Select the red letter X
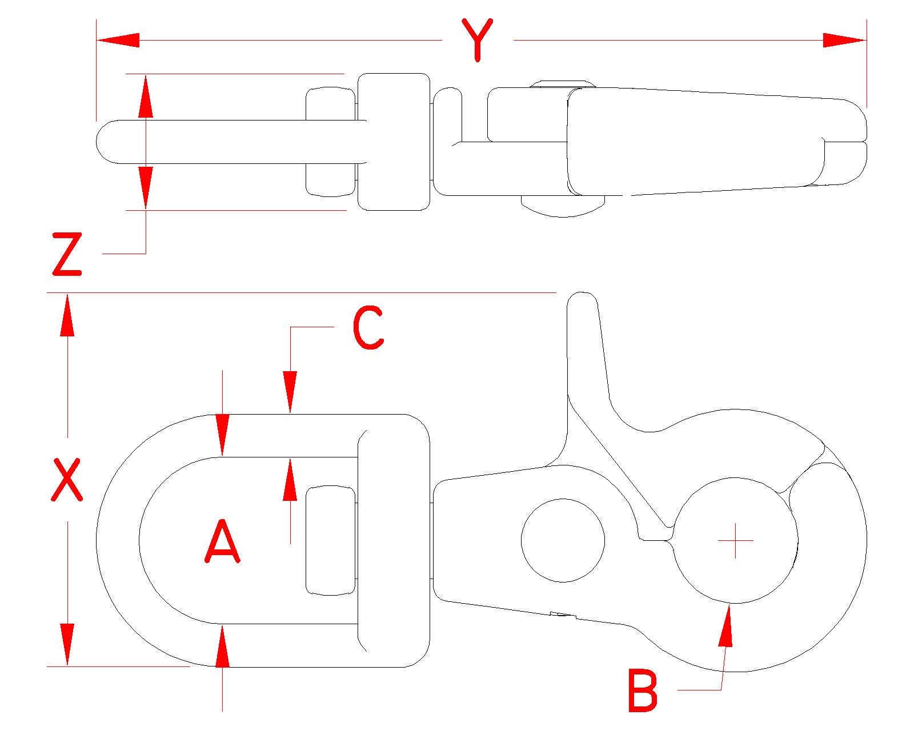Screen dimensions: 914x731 [x=67, y=480]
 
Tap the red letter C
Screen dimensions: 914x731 [x=368, y=327]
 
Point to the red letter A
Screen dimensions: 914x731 [x=222, y=541]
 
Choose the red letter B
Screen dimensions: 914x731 [x=643, y=690]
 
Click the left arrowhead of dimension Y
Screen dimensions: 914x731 [x=118, y=41]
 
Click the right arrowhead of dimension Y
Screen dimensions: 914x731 [x=844, y=41]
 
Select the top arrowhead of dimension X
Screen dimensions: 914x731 [x=67, y=315]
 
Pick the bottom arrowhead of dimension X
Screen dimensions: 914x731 [x=67, y=644]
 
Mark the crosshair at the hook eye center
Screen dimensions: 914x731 [x=736, y=541]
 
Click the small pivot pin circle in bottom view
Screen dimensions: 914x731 [x=563, y=540]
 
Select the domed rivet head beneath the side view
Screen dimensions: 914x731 [x=563, y=206]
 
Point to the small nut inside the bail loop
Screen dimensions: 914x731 [x=330, y=541]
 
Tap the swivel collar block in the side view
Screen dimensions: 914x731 [x=394, y=142]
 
